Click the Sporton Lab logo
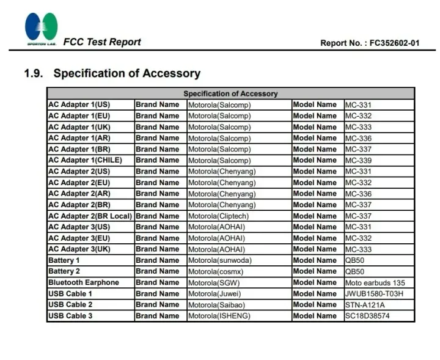pos(42,29)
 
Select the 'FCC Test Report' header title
pos(102,42)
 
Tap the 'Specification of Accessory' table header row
pos(230,94)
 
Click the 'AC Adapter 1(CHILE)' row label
pos(85,160)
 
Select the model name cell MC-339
pos(358,160)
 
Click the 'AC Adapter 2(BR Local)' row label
pos(90,216)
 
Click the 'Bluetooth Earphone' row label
pos(84,282)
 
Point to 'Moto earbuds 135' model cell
pos(375,283)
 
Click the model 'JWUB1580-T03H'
pos(374,294)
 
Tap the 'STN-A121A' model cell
pos(365,305)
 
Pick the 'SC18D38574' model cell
pos(367,316)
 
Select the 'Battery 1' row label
pos(64,260)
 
